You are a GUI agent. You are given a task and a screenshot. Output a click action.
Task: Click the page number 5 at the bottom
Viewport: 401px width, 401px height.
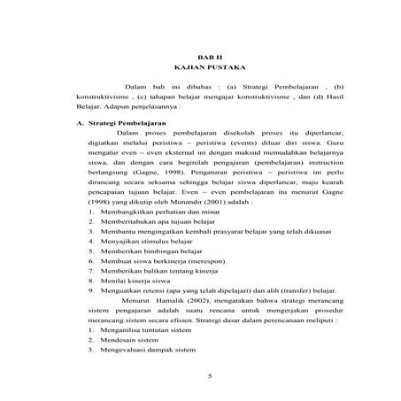(204, 352)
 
